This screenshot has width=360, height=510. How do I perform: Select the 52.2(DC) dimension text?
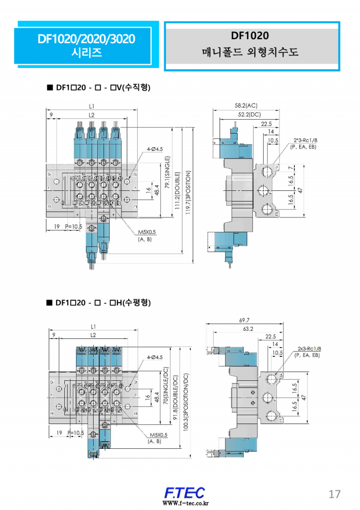(x=249, y=115)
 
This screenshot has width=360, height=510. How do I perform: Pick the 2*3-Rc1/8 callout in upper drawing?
(x=306, y=140)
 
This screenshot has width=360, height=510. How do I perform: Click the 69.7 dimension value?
(x=244, y=320)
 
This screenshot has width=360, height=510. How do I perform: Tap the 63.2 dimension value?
(x=248, y=329)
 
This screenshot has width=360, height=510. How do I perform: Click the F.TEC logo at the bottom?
(x=184, y=492)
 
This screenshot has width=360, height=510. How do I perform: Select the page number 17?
(x=334, y=494)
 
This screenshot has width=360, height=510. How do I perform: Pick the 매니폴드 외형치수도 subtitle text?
(x=250, y=52)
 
